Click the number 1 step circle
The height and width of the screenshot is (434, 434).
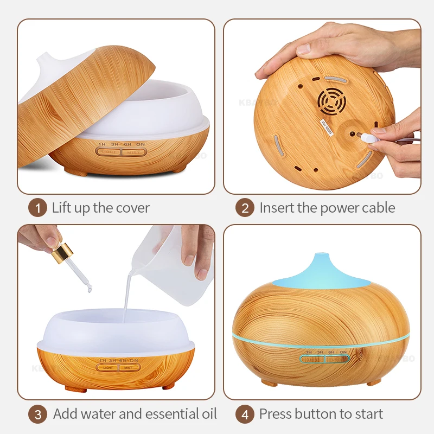[x=37, y=208]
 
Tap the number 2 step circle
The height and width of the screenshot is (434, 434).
[x=245, y=208]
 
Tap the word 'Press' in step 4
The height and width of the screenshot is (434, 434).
[x=275, y=414]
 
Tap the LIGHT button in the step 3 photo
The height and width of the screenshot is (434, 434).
[x=107, y=367]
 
